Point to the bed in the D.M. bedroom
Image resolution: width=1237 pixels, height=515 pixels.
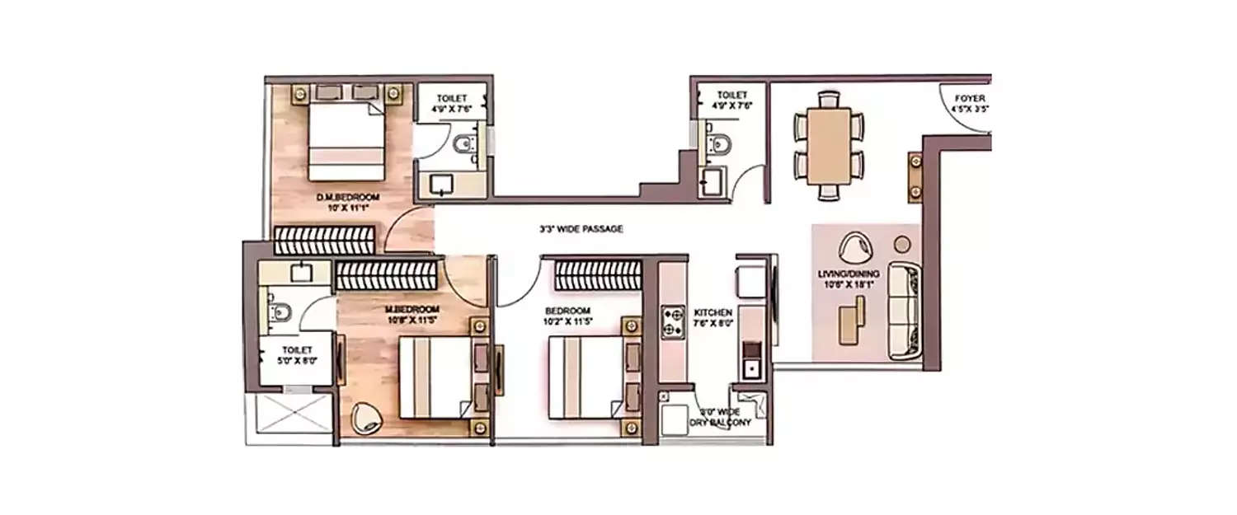346,139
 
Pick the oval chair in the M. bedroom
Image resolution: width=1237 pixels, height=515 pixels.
364,418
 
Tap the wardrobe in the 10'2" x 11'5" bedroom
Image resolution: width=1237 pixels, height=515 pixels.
598,275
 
